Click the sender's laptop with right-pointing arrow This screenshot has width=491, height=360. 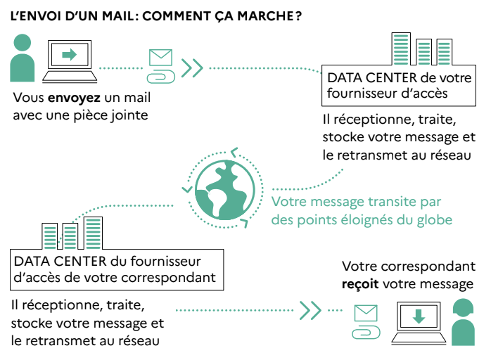[70, 61]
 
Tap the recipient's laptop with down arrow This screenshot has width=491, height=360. [419, 323]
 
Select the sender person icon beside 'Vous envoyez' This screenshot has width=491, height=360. [23, 58]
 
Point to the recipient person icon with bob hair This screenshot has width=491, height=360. [463, 322]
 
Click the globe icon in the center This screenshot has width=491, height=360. [225, 190]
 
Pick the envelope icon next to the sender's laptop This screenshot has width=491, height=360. [160, 57]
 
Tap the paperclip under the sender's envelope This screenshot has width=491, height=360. [161, 77]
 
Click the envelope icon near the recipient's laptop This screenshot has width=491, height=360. [366, 313]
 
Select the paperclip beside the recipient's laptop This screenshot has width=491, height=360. [366, 332]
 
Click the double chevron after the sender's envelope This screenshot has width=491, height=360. [192, 68]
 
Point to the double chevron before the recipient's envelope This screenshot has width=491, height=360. [310, 310]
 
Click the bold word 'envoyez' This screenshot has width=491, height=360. [74, 98]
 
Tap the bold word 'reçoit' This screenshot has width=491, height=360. [360, 284]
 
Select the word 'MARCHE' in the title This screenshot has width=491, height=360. [265, 16]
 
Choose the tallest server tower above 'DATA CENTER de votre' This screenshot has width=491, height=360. [401, 49]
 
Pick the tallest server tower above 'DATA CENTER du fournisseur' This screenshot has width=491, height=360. [93, 233]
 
